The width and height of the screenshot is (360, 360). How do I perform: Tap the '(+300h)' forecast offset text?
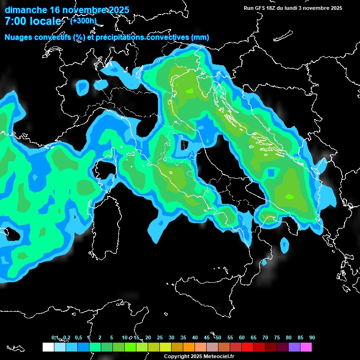pyautogui.click(x=83, y=21)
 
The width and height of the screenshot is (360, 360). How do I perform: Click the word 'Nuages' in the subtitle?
pyautogui.click(x=19, y=37)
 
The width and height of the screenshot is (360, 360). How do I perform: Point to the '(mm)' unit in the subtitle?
pyautogui.click(x=200, y=37)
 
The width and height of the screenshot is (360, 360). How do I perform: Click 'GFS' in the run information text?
pyautogui.click(x=260, y=8)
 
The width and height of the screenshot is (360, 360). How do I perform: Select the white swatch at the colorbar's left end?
pyautogui.click(x=48, y=347)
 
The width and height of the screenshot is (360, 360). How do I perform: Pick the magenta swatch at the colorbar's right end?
pyautogui.click(x=306, y=347)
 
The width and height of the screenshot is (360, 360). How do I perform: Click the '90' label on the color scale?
pyautogui.click(x=312, y=337)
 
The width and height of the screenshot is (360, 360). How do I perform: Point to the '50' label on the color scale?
pyautogui.click(x=218, y=337)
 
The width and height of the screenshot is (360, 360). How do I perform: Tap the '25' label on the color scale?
pyautogui.click(x=159, y=337)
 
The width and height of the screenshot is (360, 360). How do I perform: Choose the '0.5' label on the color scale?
pyautogui.click(x=78, y=337)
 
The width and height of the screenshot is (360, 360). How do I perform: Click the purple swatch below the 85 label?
pyautogui.click(x=294, y=347)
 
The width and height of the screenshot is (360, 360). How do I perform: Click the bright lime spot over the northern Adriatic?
pyautogui.click(x=189, y=91)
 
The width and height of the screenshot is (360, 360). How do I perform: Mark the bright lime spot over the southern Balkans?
pyautogui.click(x=289, y=196)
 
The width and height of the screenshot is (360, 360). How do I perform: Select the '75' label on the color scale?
pyautogui.click(x=277, y=337)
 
